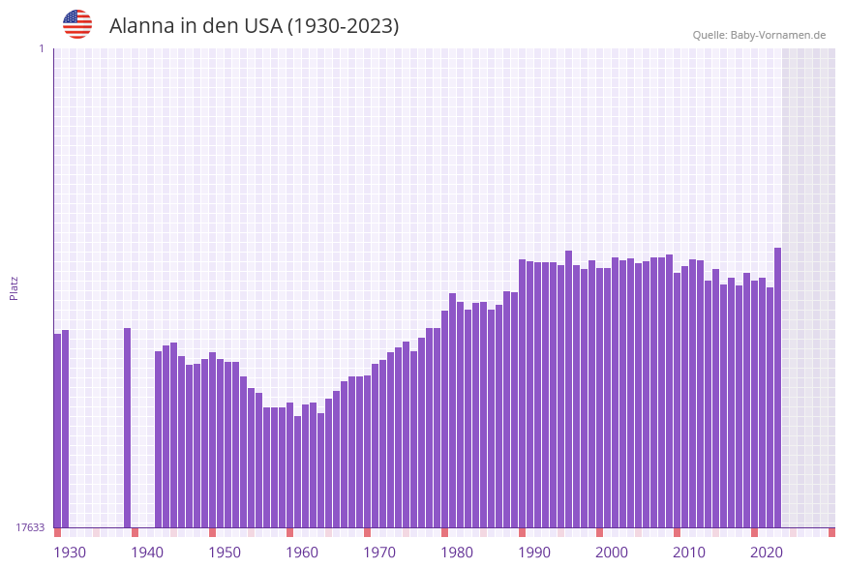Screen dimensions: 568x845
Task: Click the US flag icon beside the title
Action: pyautogui.click(x=77, y=24)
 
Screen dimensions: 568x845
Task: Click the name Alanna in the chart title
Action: pyautogui.click(x=141, y=26)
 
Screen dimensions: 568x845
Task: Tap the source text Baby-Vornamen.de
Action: pyautogui.click(x=778, y=35)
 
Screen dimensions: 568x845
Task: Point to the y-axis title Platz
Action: pyautogui.click(x=15, y=287)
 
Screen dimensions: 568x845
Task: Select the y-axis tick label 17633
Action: pyautogui.click(x=30, y=527)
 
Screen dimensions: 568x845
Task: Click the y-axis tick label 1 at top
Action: pyautogui.click(x=41, y=48)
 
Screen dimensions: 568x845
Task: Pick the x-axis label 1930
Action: pyautogui.click(x=70, y=553)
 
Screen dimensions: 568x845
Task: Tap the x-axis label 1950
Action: pyautogui.click(x=225, y=553)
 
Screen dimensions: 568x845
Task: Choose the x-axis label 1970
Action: pyautogui.click(x=379, y=553)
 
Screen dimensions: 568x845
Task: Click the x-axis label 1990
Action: pyautogui.click(x=534, y=553)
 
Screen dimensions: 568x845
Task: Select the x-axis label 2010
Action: pyautogui.click(x=689, y=553)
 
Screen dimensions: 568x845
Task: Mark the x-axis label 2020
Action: pyautogui.click(x=767, y=553)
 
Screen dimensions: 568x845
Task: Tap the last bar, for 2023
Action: pyautogui.click(x=777, y=387)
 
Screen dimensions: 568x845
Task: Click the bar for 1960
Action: pyautogui.click(x=290, y=464)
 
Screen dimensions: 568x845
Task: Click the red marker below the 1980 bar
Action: pyautogui.click(x=445, y=532)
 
